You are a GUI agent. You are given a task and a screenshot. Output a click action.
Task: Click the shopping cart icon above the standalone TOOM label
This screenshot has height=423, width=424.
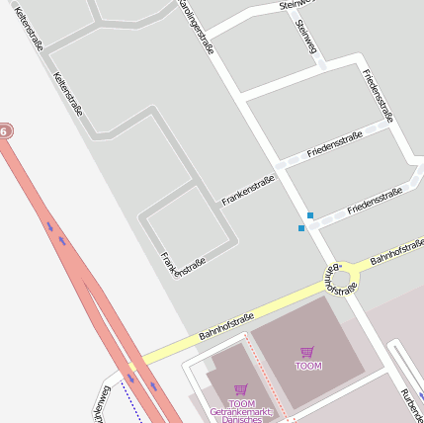tap(307, 352)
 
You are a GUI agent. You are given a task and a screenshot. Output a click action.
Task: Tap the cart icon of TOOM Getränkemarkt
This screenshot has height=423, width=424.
tap(241, 389)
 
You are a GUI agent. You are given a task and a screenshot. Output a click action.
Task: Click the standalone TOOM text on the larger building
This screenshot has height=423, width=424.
tap(308, 367)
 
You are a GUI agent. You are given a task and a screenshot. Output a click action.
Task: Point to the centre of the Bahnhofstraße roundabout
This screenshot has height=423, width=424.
tap(340, 276)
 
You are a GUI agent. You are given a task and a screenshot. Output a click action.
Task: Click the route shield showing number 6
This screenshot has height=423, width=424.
tap(6, 130)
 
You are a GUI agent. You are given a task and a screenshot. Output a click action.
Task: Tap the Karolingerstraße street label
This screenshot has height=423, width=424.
tap(196, 27)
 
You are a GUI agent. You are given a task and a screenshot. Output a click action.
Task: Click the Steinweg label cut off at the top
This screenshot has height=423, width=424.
tap(296, 5)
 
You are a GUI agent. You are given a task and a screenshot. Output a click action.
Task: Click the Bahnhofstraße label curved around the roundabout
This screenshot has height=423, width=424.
tap(340, 280)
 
